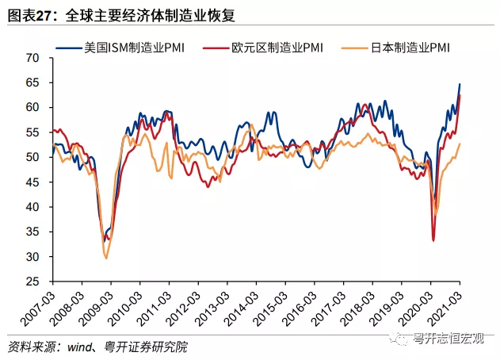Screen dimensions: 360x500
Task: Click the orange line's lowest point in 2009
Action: [106, 258]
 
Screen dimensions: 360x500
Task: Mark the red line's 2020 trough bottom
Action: [433, 240]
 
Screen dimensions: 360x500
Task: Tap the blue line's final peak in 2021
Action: [460, 84]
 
